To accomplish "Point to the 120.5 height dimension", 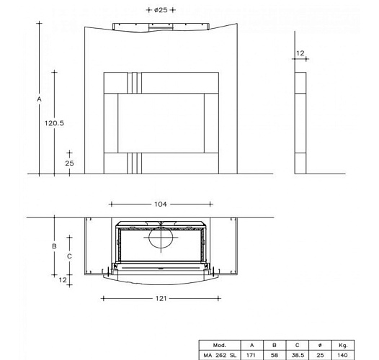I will coord(55,123).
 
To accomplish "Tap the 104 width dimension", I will coord(161,204).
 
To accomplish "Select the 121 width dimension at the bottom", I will coord(161,297).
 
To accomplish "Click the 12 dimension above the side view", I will coord(300,53).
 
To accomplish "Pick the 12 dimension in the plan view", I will coord(63,279).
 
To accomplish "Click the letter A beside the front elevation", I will coord(40,99).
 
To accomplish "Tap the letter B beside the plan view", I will coord(53,246).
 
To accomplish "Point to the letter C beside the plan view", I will coord(68,256).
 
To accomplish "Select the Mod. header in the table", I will coord(220,345).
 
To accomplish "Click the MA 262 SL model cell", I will coord(220,354).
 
